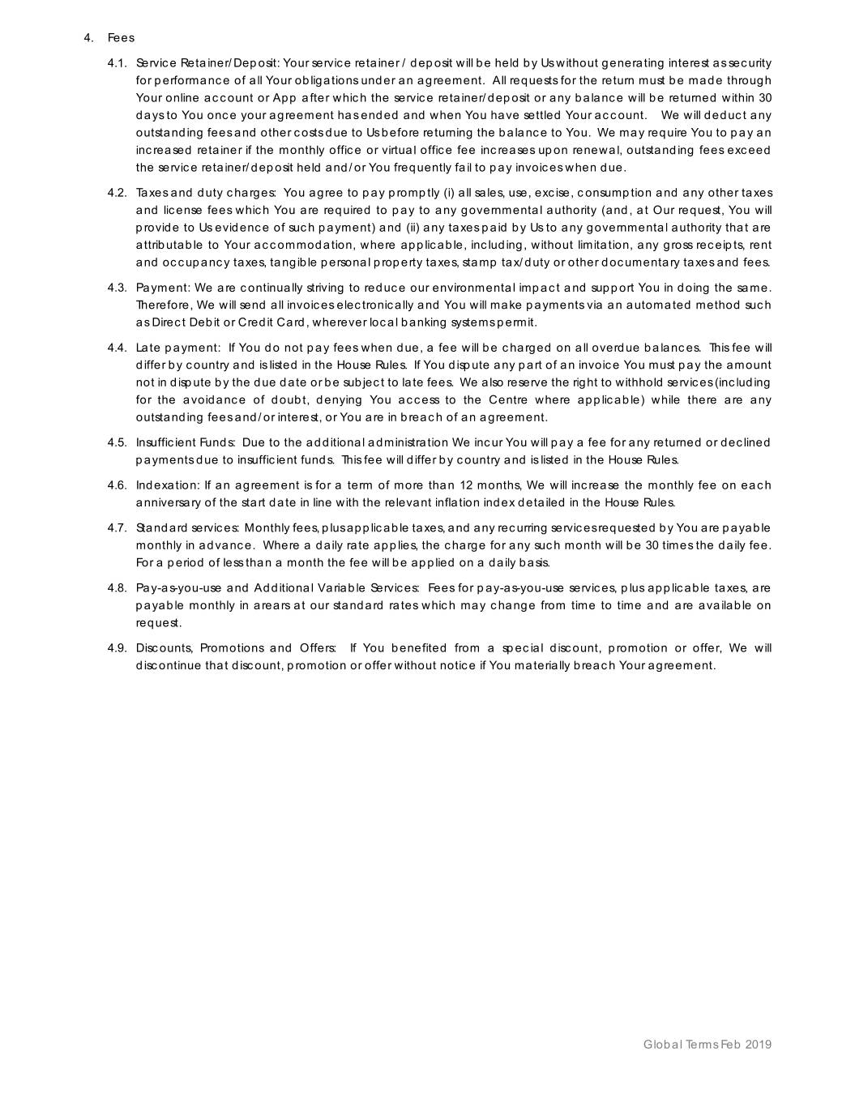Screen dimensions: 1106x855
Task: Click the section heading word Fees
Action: click(x=121, y=38)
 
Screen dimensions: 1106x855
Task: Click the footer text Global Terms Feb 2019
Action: click(x=707, y=1044)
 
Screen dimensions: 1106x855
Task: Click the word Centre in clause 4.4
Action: click(x=508, y=400)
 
